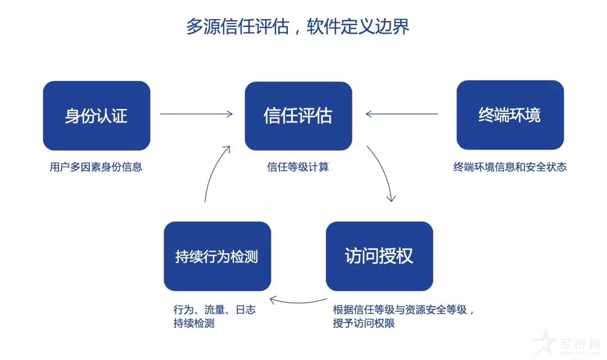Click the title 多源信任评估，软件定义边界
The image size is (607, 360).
click(x=297, y=26)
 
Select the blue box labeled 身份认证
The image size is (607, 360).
click(x=96, y=116)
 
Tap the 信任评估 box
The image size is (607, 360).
click(x=298, y=116)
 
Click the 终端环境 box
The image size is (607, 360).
click(x=510, y=115)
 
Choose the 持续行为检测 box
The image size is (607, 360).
click(x=217, y=256)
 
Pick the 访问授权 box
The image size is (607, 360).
click(x=379, y=256)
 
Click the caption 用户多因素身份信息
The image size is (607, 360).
click(x=96, y=167)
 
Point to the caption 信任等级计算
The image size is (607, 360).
click(x=298, y=167)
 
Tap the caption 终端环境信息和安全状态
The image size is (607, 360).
click(x=510, y=167)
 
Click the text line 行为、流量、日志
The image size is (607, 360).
click(x=215, y=310)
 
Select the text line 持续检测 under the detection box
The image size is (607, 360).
click(x=194, y=324)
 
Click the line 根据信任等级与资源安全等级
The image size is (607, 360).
click(x=404, y=310)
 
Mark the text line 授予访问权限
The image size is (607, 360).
click(x=364, y=324)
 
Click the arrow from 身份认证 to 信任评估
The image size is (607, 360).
click(x=196, y=114)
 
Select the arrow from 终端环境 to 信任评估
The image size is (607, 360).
click(x=401, y=114)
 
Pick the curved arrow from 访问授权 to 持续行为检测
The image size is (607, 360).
click(x=298, y=300)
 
